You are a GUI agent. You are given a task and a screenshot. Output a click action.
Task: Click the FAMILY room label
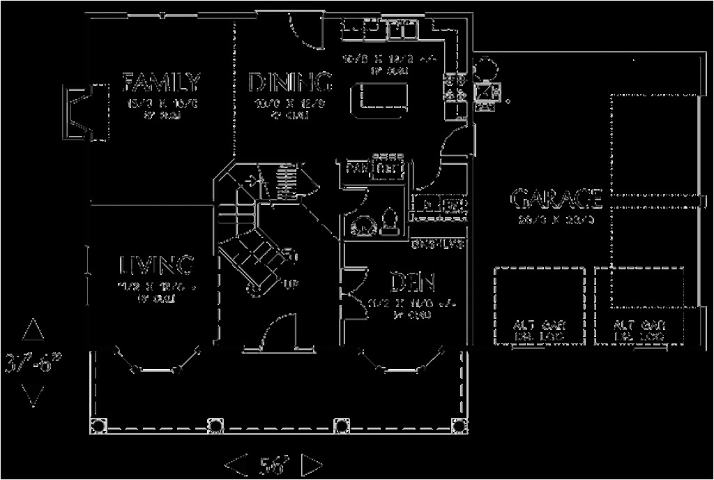point(162,82)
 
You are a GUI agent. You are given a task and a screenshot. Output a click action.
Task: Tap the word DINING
point(289,83)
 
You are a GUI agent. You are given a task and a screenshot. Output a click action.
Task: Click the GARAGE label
point(556,200)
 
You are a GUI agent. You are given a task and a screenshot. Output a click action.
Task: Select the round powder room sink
point(363,225)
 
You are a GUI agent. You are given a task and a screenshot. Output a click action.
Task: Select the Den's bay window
point(402,363)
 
